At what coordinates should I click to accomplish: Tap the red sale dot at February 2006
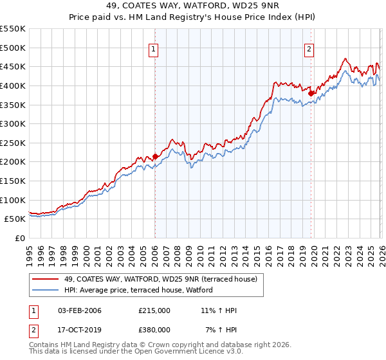coord(155,156)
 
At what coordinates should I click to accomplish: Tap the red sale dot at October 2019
coord(311,93)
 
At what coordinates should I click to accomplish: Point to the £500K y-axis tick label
coord(13,48)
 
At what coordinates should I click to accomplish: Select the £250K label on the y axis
coord(13,143)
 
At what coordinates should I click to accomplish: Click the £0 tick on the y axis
coord(21,238)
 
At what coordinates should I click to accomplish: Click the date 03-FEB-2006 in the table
coord(78,311)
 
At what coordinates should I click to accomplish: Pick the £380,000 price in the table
coord(154,330)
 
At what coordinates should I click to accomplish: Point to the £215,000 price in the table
coord(154,311)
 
